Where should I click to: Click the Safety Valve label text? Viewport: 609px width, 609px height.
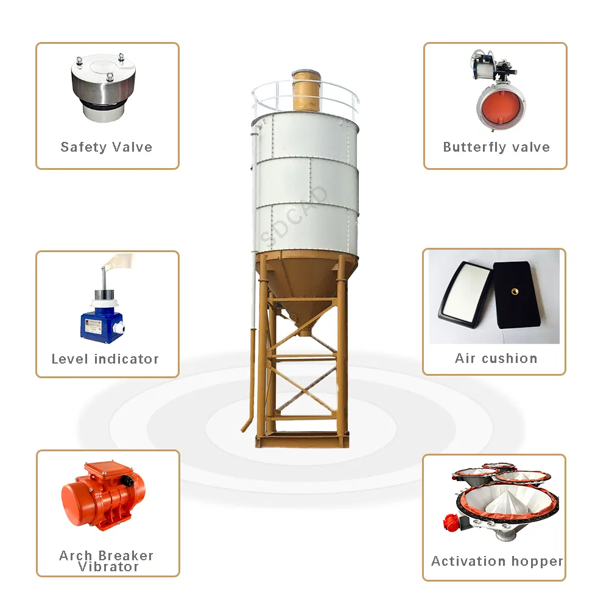(107, 147)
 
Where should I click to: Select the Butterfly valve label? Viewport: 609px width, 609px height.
(496, 147)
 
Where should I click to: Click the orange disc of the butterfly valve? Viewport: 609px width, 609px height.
(501, 105)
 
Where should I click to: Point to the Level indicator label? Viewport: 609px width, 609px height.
(105, 359)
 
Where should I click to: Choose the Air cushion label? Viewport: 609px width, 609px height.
(496, 358)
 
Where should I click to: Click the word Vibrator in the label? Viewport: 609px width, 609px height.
(108, 567)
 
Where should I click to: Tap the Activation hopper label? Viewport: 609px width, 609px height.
(497, 561)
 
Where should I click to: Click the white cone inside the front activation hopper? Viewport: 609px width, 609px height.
(501, 503)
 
